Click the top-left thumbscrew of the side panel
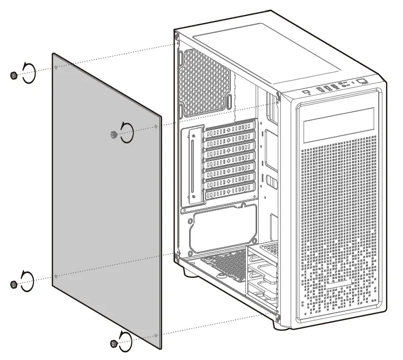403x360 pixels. click(13, 76)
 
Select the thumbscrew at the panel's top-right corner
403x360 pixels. click(112, 134)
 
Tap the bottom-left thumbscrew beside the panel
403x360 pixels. click(13, 284)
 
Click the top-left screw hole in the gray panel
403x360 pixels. click(55, 67)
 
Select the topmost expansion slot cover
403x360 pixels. click(230, 128)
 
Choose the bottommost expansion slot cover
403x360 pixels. click(230, 194)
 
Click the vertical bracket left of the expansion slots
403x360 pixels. click(193, 164)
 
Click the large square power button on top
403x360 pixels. click(362, 81)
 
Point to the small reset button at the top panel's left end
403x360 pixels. click(307, 93)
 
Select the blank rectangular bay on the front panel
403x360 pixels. click(339, 125)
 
